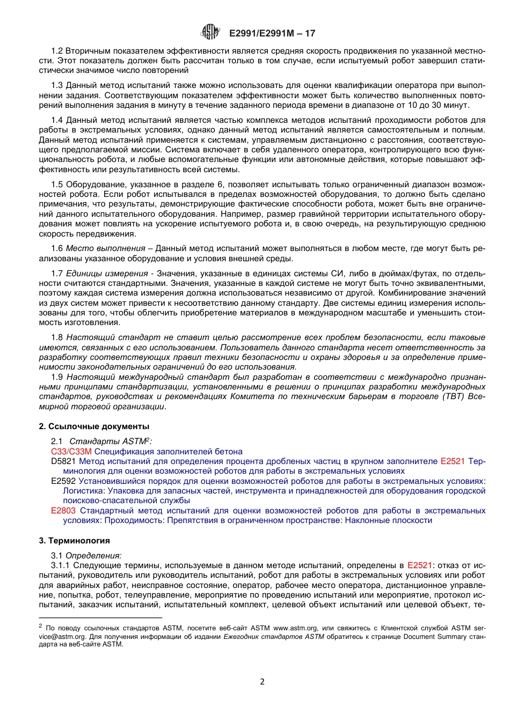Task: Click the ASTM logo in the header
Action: (x=210, y=33)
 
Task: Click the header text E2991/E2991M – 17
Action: (x=272, y=33)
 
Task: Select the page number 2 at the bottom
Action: (x=262, y=682)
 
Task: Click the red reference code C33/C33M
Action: (x=71, y=452)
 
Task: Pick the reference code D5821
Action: (x=63, y=461)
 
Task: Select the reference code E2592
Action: (x=63, y=481)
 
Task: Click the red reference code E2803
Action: (x=63, y=511)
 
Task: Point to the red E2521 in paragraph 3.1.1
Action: (x=420, y=565)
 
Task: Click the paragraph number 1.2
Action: (x=57, y=51)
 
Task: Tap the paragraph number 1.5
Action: (x=57, y=185)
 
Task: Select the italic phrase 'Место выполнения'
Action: (x=105, y=249)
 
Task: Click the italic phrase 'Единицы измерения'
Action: (x=109, y=274)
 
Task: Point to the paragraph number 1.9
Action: (x=57, y=377)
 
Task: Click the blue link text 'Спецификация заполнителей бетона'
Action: (x=169, y=452)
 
